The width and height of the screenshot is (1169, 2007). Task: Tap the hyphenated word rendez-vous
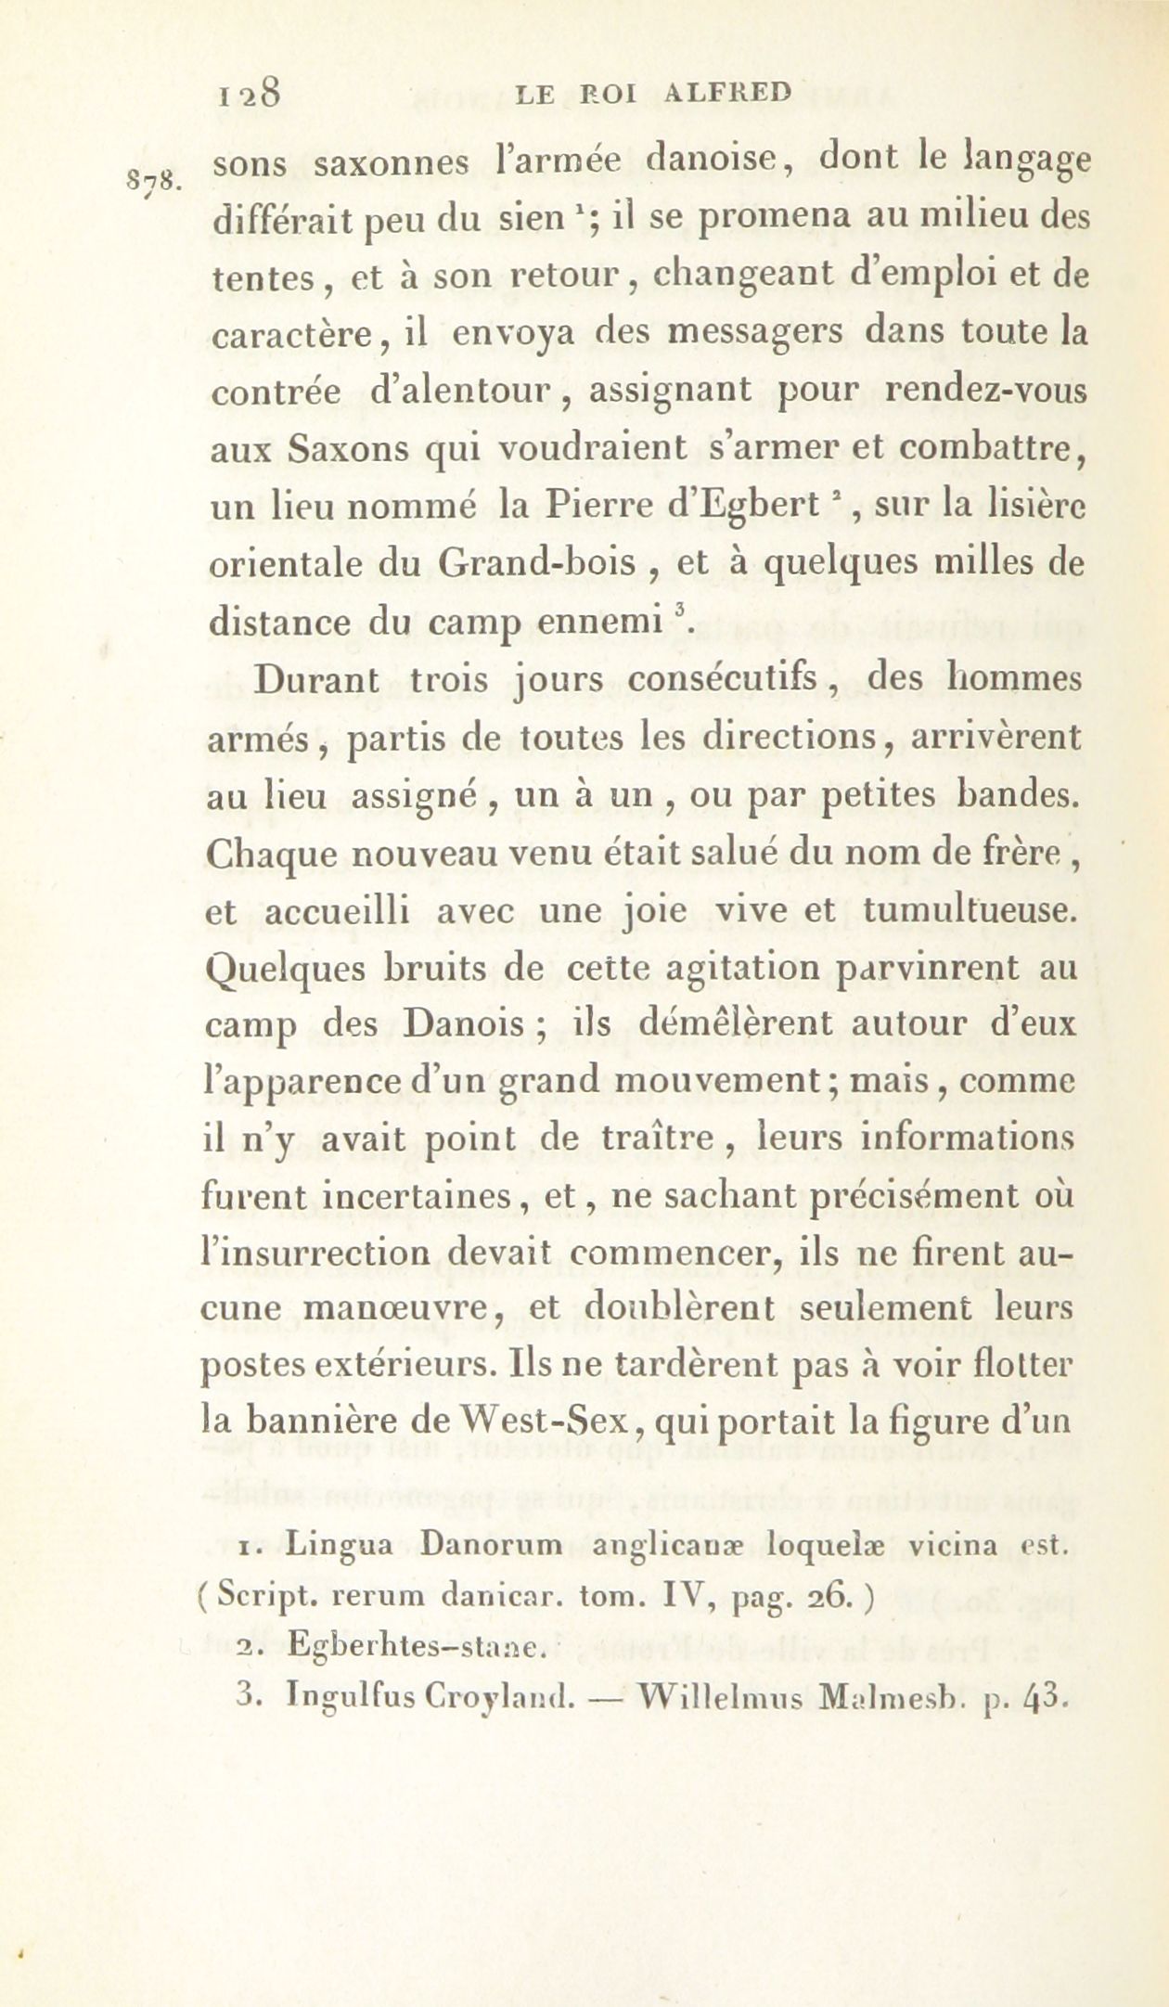985,389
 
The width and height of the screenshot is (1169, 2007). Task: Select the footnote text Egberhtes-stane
413,1647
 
